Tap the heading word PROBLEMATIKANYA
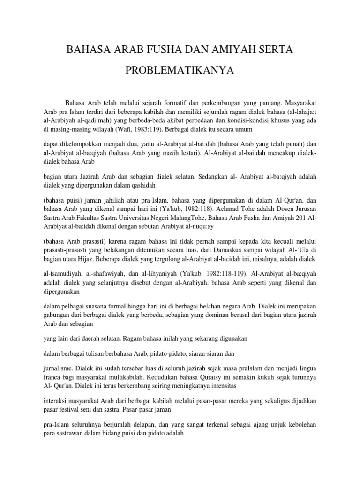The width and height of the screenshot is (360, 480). pyautogui.click(x=180, y=72)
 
